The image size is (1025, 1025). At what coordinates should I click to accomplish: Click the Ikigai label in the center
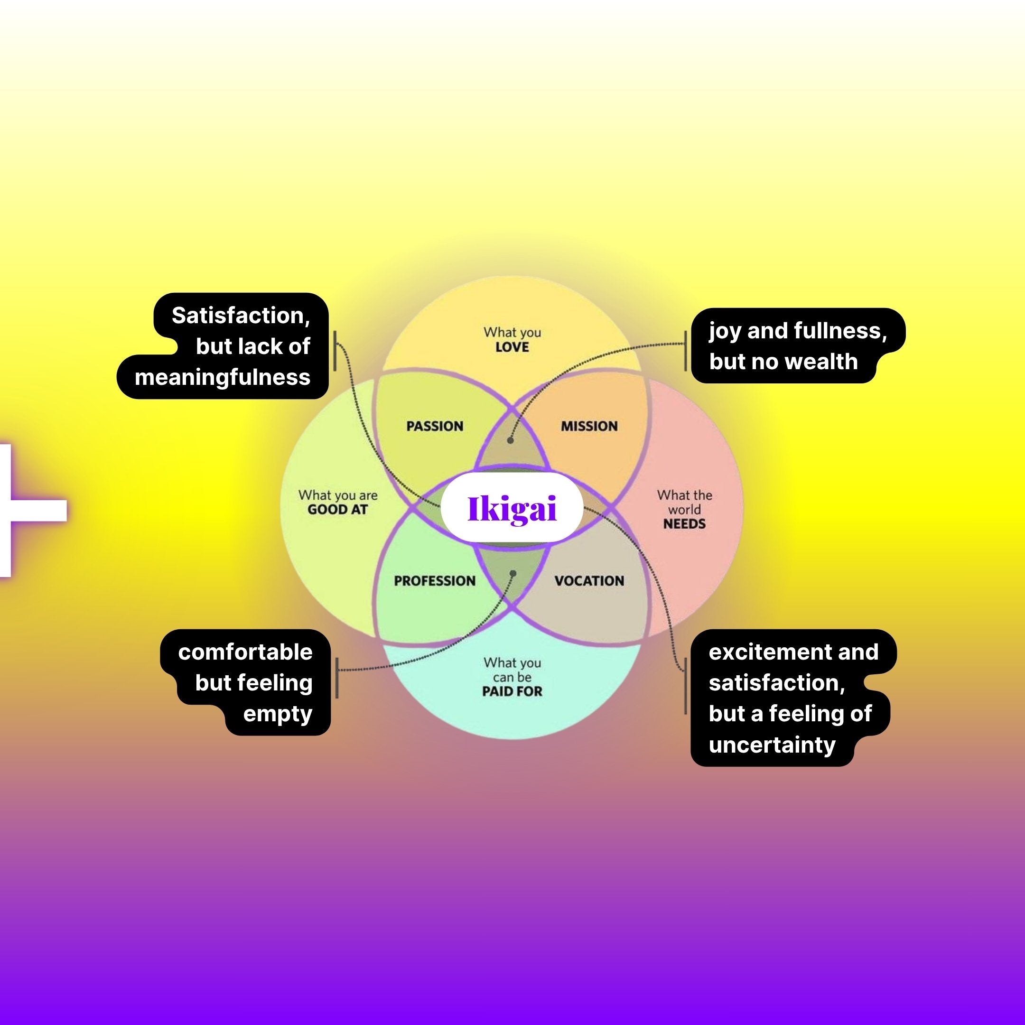[512, 508]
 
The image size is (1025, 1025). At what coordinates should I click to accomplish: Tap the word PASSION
[435, 426]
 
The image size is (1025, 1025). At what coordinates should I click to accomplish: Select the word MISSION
[589, 426]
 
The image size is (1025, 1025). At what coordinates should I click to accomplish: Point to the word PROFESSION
[435, 580]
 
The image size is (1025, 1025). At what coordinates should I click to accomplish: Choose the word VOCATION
[589, 580]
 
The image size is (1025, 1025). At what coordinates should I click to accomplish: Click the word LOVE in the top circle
[512, 347]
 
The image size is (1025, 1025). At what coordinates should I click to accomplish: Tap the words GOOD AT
[337, 510]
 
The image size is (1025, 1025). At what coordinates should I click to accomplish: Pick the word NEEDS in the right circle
[684, 523]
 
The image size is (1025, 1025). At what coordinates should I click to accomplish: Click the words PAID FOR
[512, 691]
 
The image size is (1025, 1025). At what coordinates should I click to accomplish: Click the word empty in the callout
[278, 714]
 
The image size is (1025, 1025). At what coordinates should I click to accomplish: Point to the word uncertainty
[772, 745]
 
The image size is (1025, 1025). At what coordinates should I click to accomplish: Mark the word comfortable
[245, 652]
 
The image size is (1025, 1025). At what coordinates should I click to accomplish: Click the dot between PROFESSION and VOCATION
[512, 574]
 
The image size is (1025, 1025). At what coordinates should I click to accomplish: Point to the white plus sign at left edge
[21, 510]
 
